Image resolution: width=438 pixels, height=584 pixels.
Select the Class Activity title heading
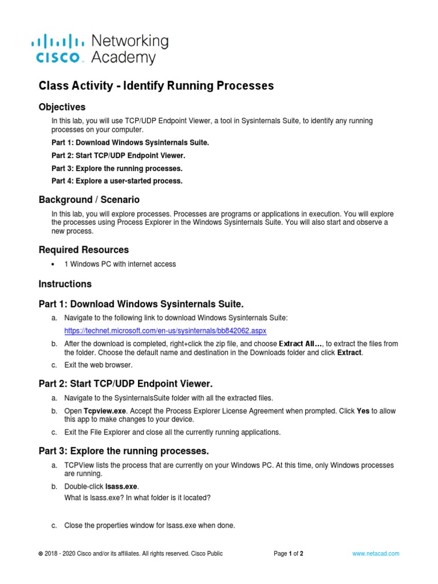(x=156, y=86)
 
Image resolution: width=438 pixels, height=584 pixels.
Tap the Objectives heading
(x=62, y=107)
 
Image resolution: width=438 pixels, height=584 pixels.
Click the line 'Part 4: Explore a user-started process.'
(x=117, y=181)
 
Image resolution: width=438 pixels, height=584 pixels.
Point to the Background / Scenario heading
(x=89, y=200)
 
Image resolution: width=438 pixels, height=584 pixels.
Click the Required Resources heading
(x=83, y=250)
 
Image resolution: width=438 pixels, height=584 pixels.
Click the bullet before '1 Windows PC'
(x=53, y=265)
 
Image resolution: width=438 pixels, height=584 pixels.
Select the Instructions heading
(x=64, y=283)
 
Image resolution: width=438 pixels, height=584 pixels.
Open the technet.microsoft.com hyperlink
(x=165, y=331)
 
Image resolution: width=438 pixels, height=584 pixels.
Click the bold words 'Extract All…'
(x=300, y=344)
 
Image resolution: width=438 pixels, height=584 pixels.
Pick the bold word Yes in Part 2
(x=363, y=411)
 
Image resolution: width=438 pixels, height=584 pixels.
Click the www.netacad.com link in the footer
(x=375, y=553)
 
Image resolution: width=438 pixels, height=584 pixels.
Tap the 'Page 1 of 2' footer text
(x=289, y=553)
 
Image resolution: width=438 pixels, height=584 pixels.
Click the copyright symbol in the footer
(x=40, y=554)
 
